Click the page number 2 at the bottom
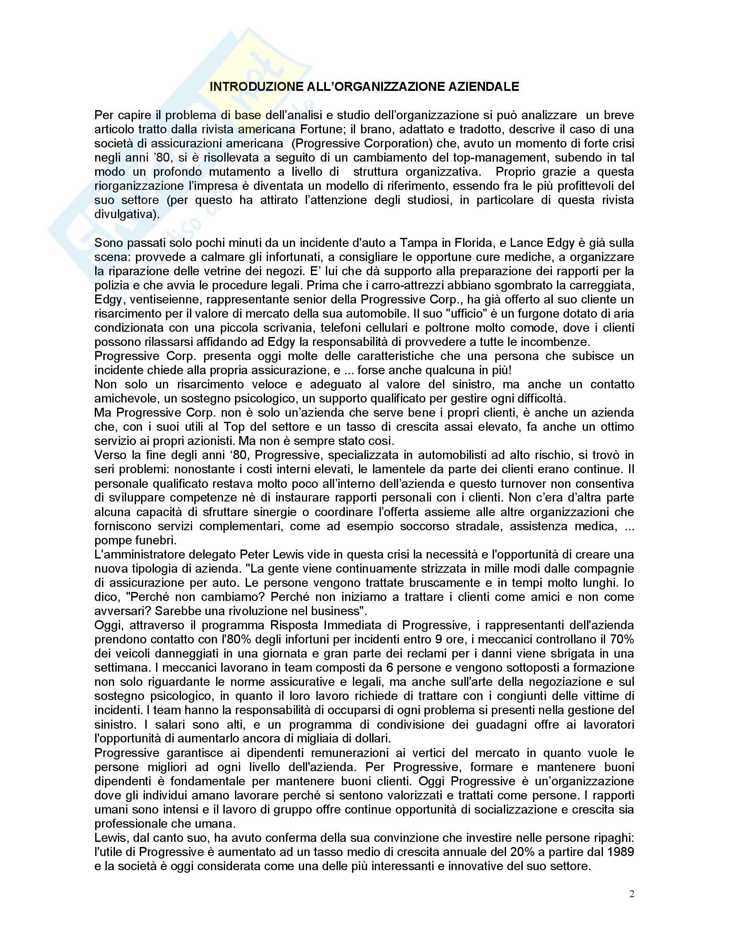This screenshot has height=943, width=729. (x=632, y=894)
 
